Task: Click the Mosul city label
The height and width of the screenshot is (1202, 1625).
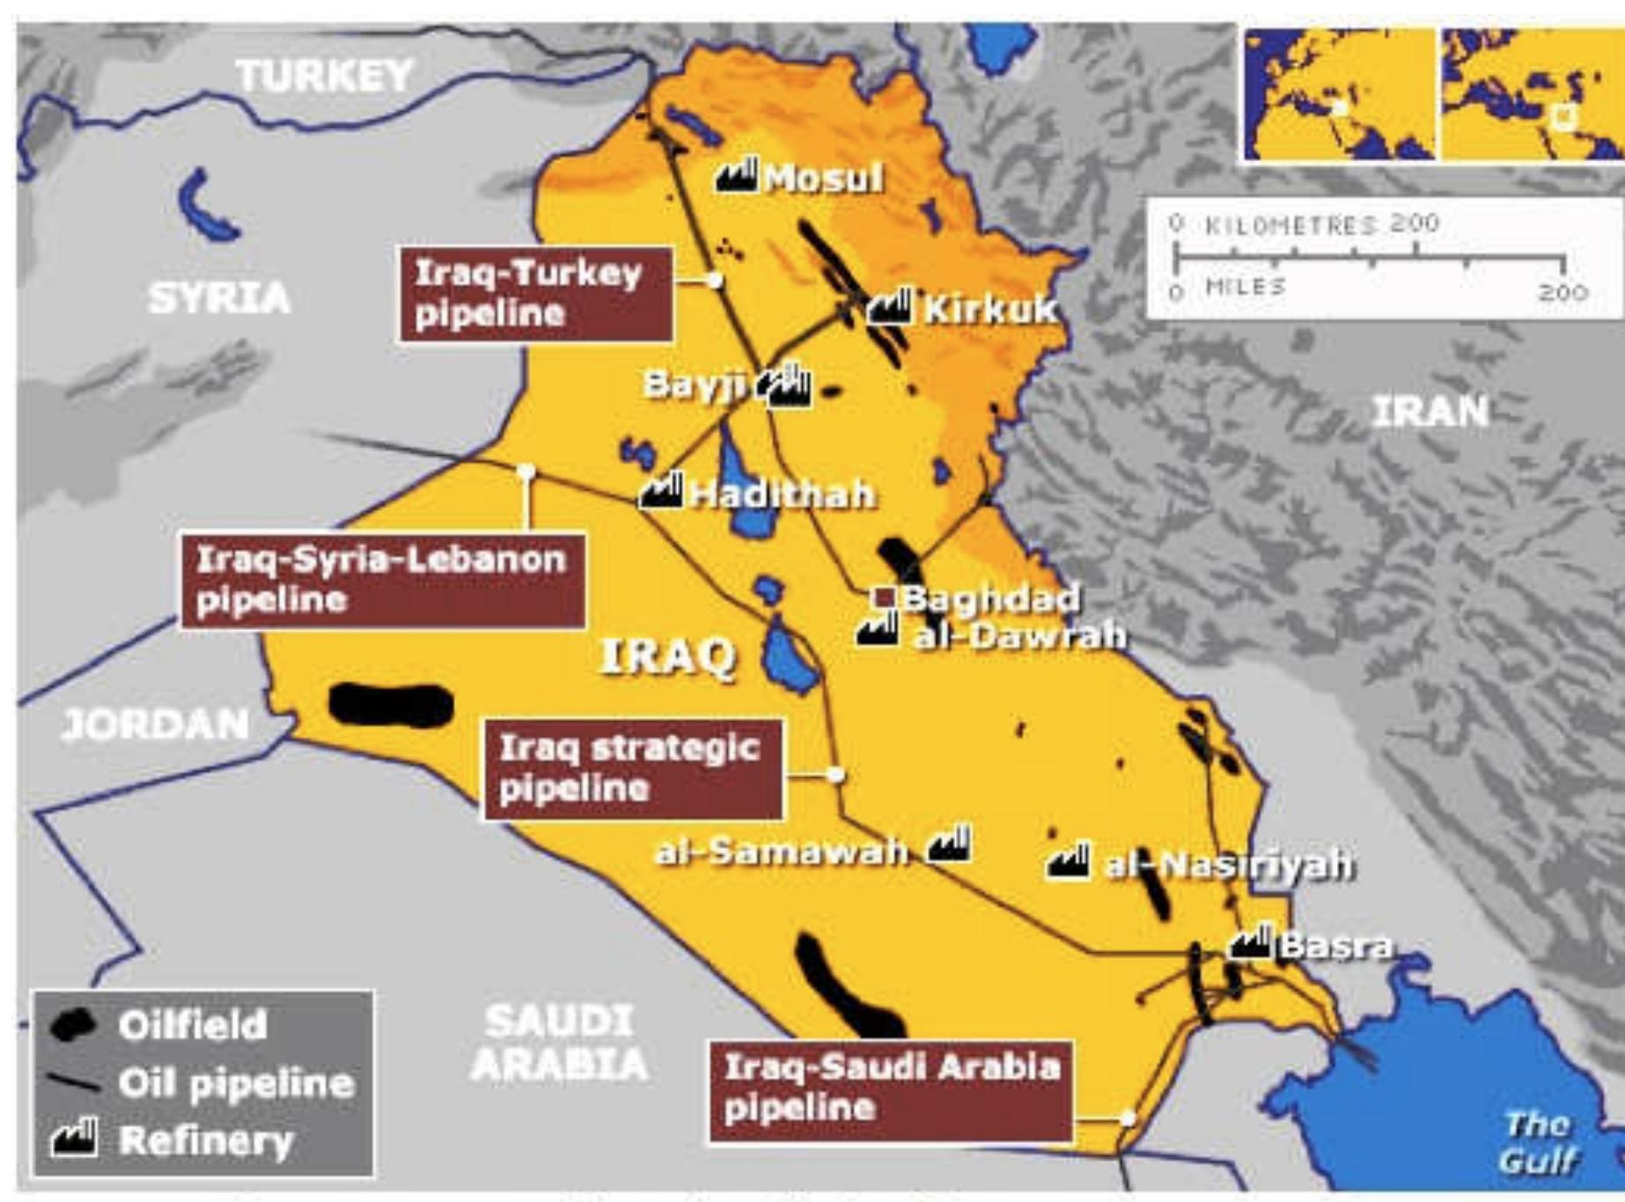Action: (x=822, y=179)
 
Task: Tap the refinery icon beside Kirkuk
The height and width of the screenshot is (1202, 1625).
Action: (x=889, y=306)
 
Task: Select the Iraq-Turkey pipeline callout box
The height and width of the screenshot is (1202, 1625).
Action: (x=535, y=294)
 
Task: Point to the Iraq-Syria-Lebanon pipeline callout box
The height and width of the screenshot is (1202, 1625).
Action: (x=382, y=580)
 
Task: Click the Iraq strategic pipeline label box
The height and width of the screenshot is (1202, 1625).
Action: (x=632, y=769)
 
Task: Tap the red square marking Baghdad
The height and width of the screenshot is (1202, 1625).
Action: (x=883, y=598)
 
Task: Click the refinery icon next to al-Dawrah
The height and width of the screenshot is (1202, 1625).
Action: (x=877, y=629)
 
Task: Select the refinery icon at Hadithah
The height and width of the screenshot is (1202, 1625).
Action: (x=662, y=491)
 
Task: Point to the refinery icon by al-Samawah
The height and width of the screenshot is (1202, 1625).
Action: (x=950, y=845)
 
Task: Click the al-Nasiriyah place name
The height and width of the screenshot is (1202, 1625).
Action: (x=1229, y=866)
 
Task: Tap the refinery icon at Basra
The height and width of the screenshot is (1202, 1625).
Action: (x=1251, y=943)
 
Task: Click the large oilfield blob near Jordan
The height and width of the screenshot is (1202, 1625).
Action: (x=391, y=706)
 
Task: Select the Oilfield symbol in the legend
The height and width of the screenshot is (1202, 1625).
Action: (x=72, y=1025)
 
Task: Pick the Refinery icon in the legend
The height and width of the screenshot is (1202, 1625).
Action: (x=74, y=1139)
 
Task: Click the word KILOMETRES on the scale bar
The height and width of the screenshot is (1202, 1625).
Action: (x=1290, y=225)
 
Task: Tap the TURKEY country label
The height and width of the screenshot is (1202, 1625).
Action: (x=325, y=76)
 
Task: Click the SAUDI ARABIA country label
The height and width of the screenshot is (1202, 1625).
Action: (x=560, y=1043)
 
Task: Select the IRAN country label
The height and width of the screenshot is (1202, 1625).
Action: (x=1430, y=411)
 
